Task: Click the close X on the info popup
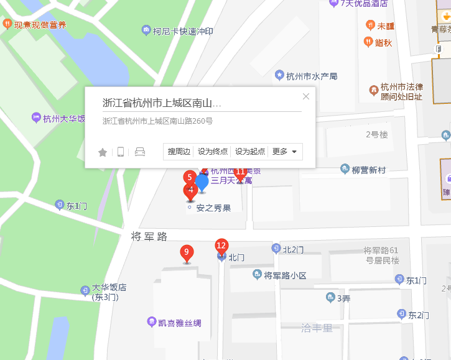(x=305, y=96)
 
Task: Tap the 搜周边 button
(x=179, y=152)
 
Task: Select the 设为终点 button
(x=213, y=152)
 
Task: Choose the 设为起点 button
(x=250, y=152)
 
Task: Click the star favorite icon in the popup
(x=103, y=152)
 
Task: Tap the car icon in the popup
(x=140, y=152)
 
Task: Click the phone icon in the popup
(x=121, y=152)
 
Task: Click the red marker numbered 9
(x=185, y=253)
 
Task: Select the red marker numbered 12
(x=221, y=246)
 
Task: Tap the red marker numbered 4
(x=191, y=190)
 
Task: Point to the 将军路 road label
(x=149, y=236)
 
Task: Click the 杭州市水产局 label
(x=311, y=76)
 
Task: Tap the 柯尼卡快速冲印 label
(x=183, y=30)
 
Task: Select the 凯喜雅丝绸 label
(x=179, y=323)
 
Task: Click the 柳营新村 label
(x=369, y=170)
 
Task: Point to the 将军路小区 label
(x=285, y=275)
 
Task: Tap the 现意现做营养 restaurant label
(x=40, y=25)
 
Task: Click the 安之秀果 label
(x=213, y=208)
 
